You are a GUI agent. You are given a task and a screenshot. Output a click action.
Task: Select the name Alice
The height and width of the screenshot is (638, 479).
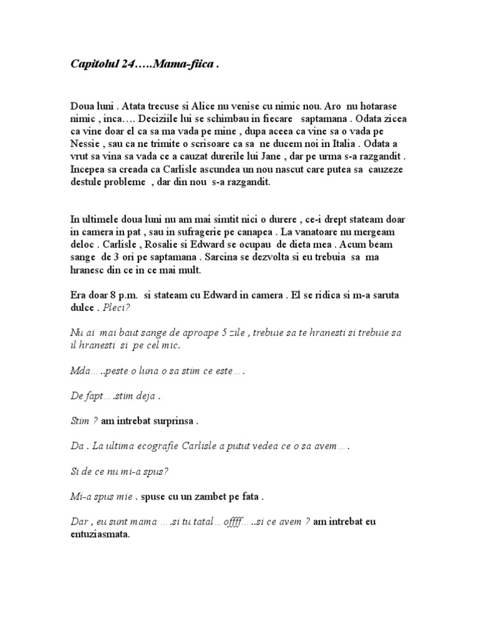coord(205,107)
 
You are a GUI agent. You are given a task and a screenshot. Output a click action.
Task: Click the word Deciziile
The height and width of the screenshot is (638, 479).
coord(149,118)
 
